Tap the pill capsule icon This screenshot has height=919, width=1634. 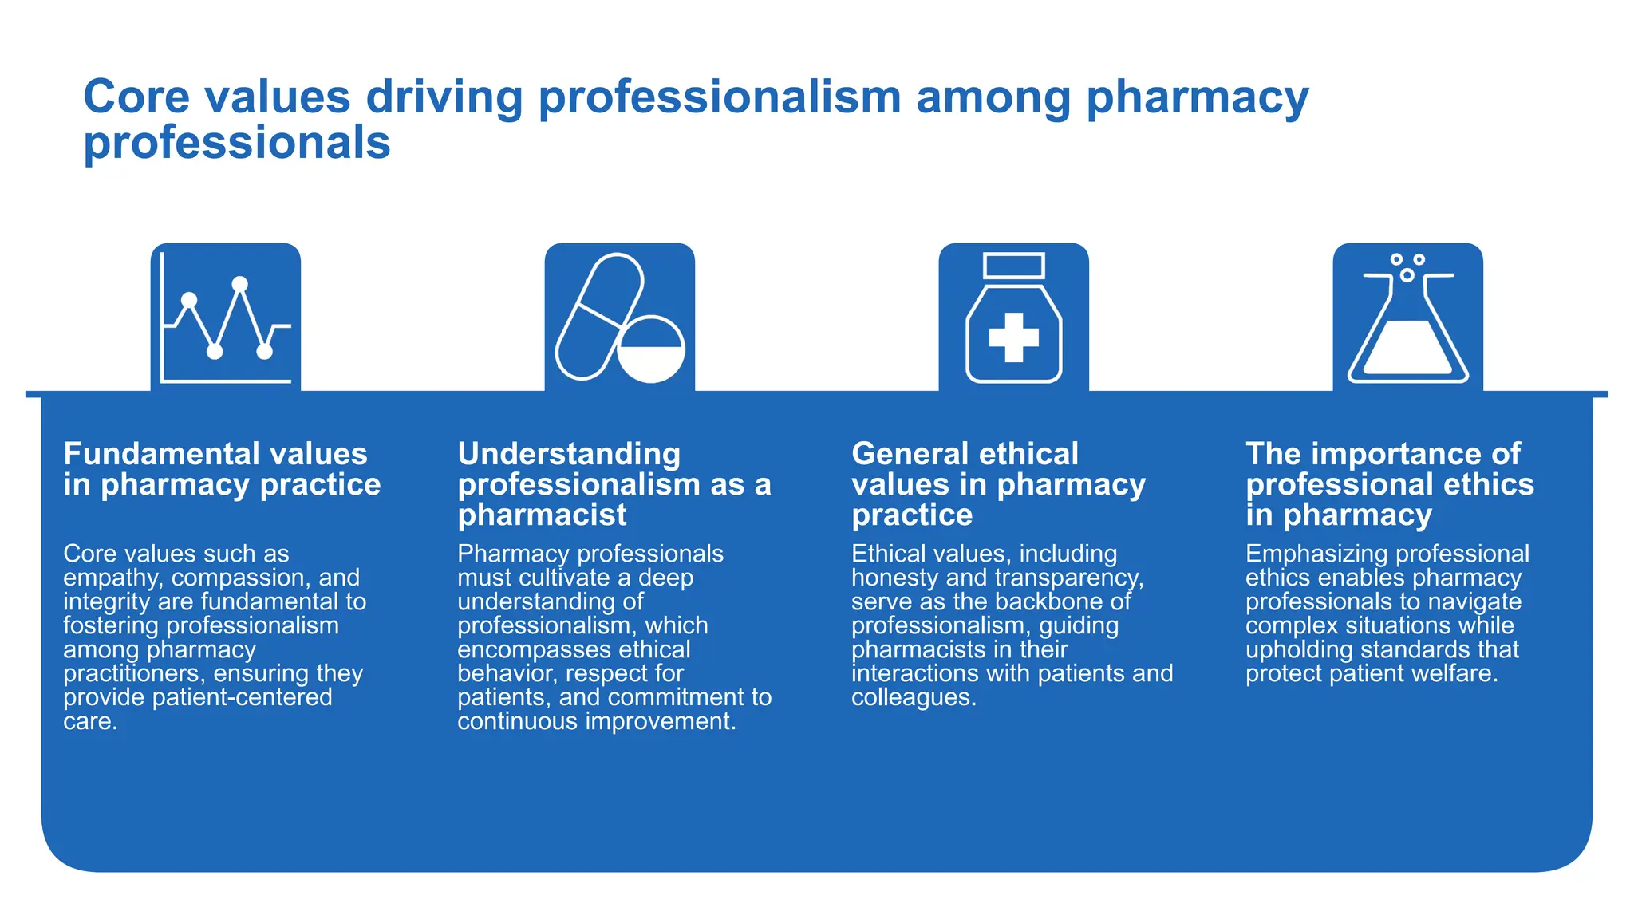(x=599, y=316)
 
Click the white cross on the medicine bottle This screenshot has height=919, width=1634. (x=1013, y=337)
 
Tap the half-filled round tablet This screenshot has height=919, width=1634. (x=651, y=349)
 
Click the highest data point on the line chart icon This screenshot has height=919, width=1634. (x=239, y=284)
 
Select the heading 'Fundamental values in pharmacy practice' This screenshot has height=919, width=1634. (x=222, y=469)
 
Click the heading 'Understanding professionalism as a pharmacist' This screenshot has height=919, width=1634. (x=614, y=484)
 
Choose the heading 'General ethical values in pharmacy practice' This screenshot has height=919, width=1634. (x=998, y=484)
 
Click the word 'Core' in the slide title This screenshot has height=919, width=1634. (x=136, y=97)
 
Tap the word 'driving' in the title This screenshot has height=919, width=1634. (x=444, y=97)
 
